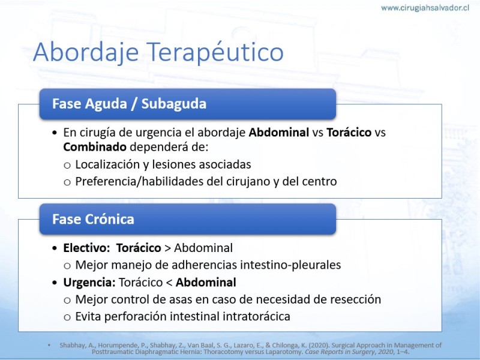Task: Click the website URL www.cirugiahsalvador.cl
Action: tap(425, 8)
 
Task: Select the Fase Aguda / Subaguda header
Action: tap(188, 104)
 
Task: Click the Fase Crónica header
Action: tap(188, 219)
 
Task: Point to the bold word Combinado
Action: tap(95, 147)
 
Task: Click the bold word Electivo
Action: tap(86, 248)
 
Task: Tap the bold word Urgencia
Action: tap(89, 283)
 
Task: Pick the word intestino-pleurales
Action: tap(290, 265)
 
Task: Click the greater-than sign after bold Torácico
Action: tap(167, 248)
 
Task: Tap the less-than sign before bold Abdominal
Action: tap(169, 283)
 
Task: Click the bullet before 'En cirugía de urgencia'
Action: tap(55, 133)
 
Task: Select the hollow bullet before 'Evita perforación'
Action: tap(67, 317)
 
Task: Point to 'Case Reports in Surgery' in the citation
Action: tap(340, 352)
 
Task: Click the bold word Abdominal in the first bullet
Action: tap(279, 133)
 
